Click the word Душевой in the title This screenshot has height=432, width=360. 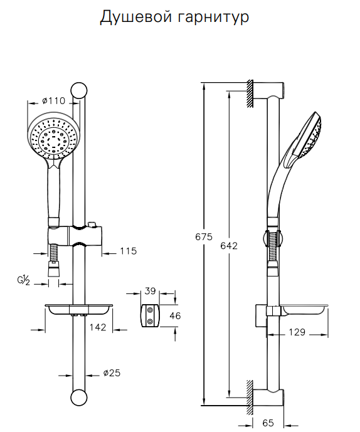(x=135, y=17)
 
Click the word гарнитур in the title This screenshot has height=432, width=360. (x=213, y=18)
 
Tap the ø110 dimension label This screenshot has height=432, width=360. (x=54, y=101)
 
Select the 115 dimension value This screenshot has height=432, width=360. (x=129, y=251)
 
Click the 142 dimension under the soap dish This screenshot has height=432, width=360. (x=98, y=327)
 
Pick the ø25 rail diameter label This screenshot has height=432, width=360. (x=112, y=373)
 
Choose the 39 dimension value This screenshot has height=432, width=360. (x=151, y=291)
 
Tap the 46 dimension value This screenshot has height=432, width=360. (x=175, y=316)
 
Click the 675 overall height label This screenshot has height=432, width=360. (x=204, y=237)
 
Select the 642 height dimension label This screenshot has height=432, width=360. (x=229, y=246)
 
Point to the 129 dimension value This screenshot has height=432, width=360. (x=297, y=332)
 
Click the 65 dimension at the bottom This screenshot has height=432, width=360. (x=268, y=423)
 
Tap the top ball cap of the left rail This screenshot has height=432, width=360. (x=79, y=90)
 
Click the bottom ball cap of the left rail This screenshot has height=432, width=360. (x=79, y=398)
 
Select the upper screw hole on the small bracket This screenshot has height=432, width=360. (x=150, y=310)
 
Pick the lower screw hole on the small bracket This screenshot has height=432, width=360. (x=150, y=321)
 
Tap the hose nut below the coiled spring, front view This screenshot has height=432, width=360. (x=53, y=269)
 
